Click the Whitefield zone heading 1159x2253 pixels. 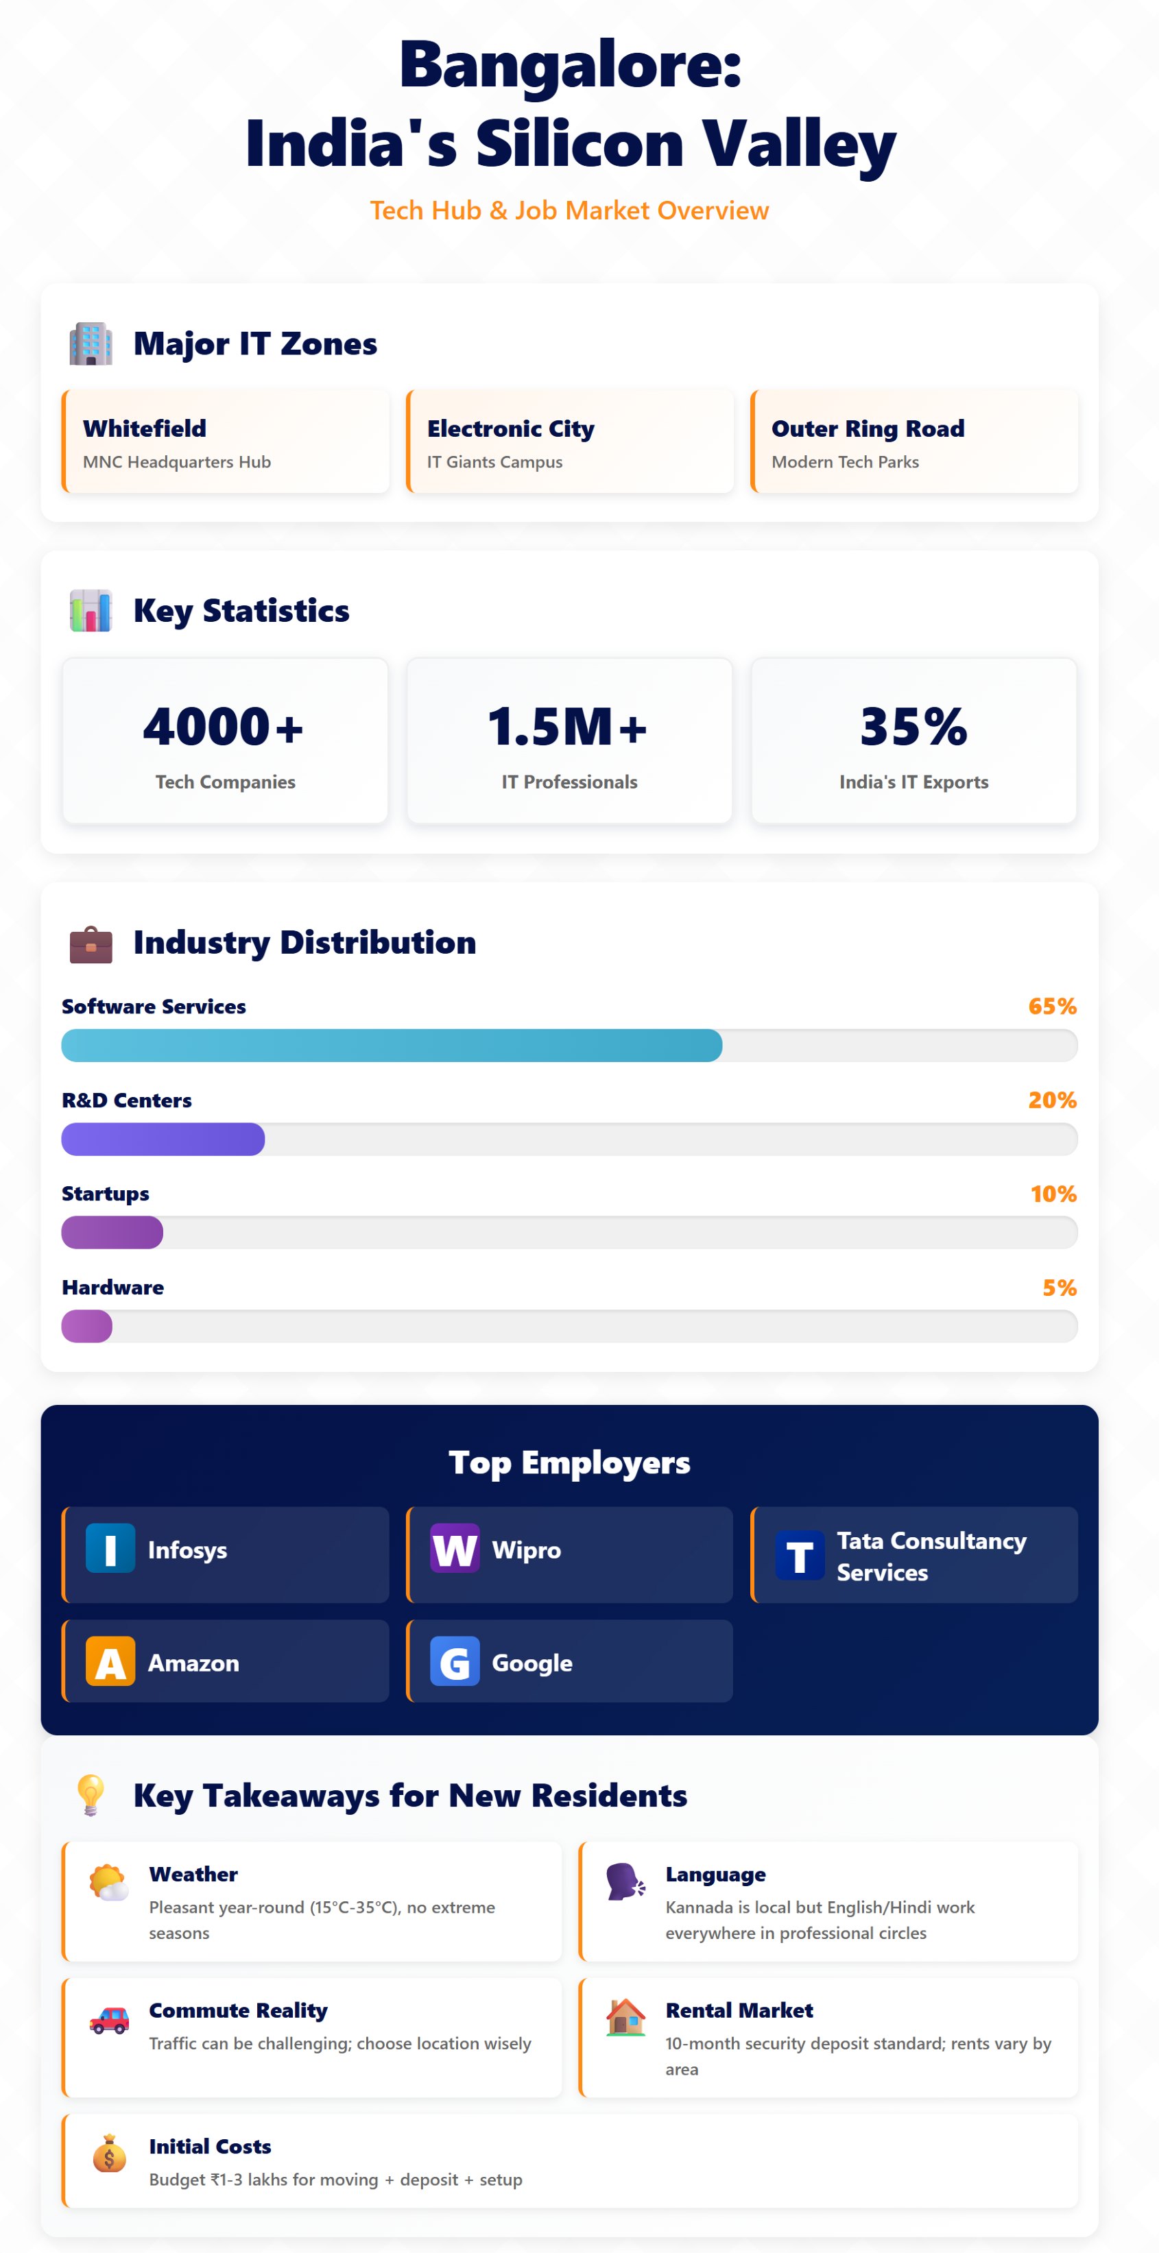pos(144,429)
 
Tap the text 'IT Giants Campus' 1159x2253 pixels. pos(494,462)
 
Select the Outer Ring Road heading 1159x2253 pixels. pos(867,429)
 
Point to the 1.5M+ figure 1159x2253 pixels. pos(568,727)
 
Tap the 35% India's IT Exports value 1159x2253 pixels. pos(913,727)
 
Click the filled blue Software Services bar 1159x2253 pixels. pos(391,1045)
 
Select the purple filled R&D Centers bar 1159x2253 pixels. pos(163,1139)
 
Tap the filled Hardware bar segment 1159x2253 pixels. pos(86,1326)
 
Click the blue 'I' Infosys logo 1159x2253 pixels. pos(110,1548)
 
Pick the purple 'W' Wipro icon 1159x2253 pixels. pos(454,1548)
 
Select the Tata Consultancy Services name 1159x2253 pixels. pos(931,1556)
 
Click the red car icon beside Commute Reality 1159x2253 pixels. pos(109,2021)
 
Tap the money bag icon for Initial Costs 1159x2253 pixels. pos(109,2154)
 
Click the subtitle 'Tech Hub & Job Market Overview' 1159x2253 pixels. pos(569,210)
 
